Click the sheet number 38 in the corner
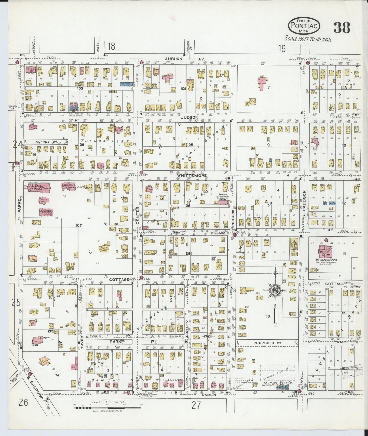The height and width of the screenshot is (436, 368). click(342, 27)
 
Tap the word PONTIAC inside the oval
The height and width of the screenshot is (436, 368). click(304, 26)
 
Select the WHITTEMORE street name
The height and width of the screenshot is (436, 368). click(192, 175)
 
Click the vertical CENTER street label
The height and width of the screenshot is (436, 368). click(138, 215)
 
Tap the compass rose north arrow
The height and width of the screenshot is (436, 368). click(275, 291)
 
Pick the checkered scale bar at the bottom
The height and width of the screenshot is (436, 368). click(107, 408)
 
